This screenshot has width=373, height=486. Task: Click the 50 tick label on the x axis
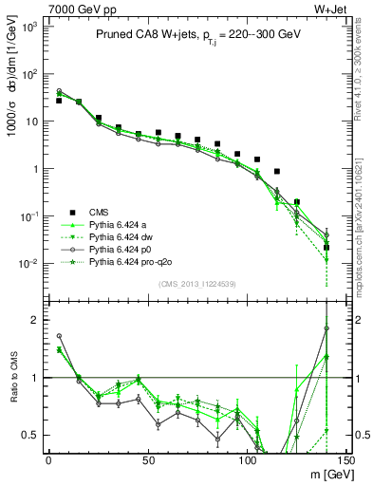[x=147, y=461]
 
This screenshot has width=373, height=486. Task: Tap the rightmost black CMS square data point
[x=326, y=248]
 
